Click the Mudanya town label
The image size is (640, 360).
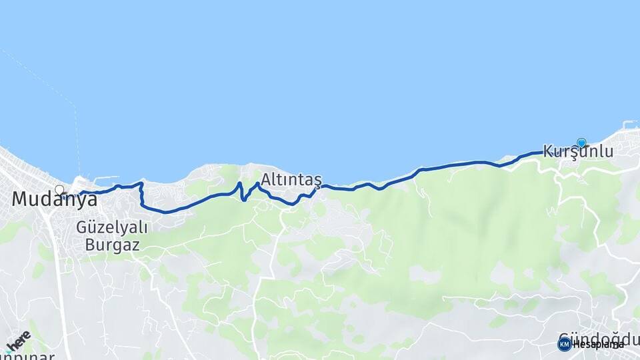click(50, 199)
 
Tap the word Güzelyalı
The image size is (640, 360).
click(111, 227)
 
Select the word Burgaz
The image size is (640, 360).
click(112, 245)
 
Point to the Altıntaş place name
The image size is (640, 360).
click(291, 179)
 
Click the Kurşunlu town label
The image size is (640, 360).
click(577, 152)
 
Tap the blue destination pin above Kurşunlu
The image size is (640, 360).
click(581, 143)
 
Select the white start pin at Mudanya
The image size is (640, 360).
click(60, 191)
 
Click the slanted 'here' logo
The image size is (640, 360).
click(17, 341)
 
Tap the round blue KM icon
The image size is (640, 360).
click(565, 344)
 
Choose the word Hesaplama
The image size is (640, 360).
click(598, 345)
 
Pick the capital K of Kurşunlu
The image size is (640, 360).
click(549, 152)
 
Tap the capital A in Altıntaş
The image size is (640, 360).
click(267, 179)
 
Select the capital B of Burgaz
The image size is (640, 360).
click(91, 245)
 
